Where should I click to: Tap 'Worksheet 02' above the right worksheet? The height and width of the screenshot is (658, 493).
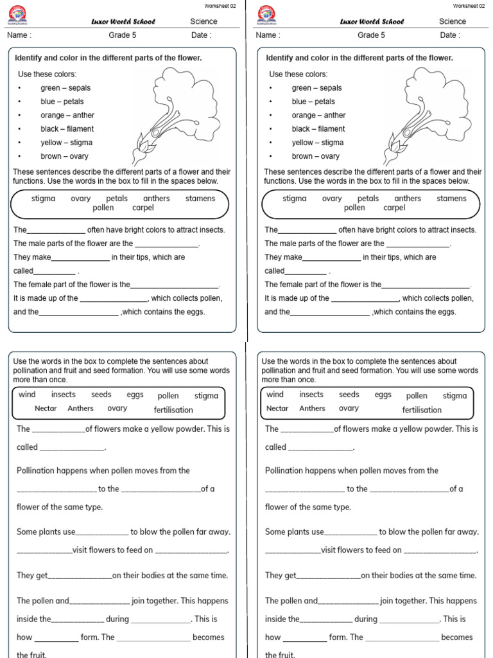pos(469,6)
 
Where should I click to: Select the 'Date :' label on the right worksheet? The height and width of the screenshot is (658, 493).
pos(449,35)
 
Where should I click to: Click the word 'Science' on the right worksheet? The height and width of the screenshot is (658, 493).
pos(453,21)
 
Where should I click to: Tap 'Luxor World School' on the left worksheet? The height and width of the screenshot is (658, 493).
pos(123,22)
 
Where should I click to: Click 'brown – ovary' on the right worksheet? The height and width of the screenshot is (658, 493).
pos(316,156)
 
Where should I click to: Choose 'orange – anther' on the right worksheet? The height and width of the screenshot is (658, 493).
pos(318,116)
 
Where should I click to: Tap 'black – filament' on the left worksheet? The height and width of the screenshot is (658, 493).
pos(67,129)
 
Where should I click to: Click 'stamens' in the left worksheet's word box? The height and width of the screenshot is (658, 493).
pos(200,199)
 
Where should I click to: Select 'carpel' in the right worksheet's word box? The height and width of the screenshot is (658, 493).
pos(394,208)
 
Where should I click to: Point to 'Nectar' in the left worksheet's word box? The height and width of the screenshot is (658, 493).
pos(46,409)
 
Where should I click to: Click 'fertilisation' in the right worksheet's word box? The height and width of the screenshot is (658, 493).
pos(422,410)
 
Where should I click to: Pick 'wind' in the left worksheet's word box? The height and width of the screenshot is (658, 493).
pos(27,395)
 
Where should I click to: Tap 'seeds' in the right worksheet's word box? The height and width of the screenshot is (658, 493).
pos(349,395)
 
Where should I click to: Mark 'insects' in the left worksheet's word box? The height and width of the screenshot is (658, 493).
pos(64,395)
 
